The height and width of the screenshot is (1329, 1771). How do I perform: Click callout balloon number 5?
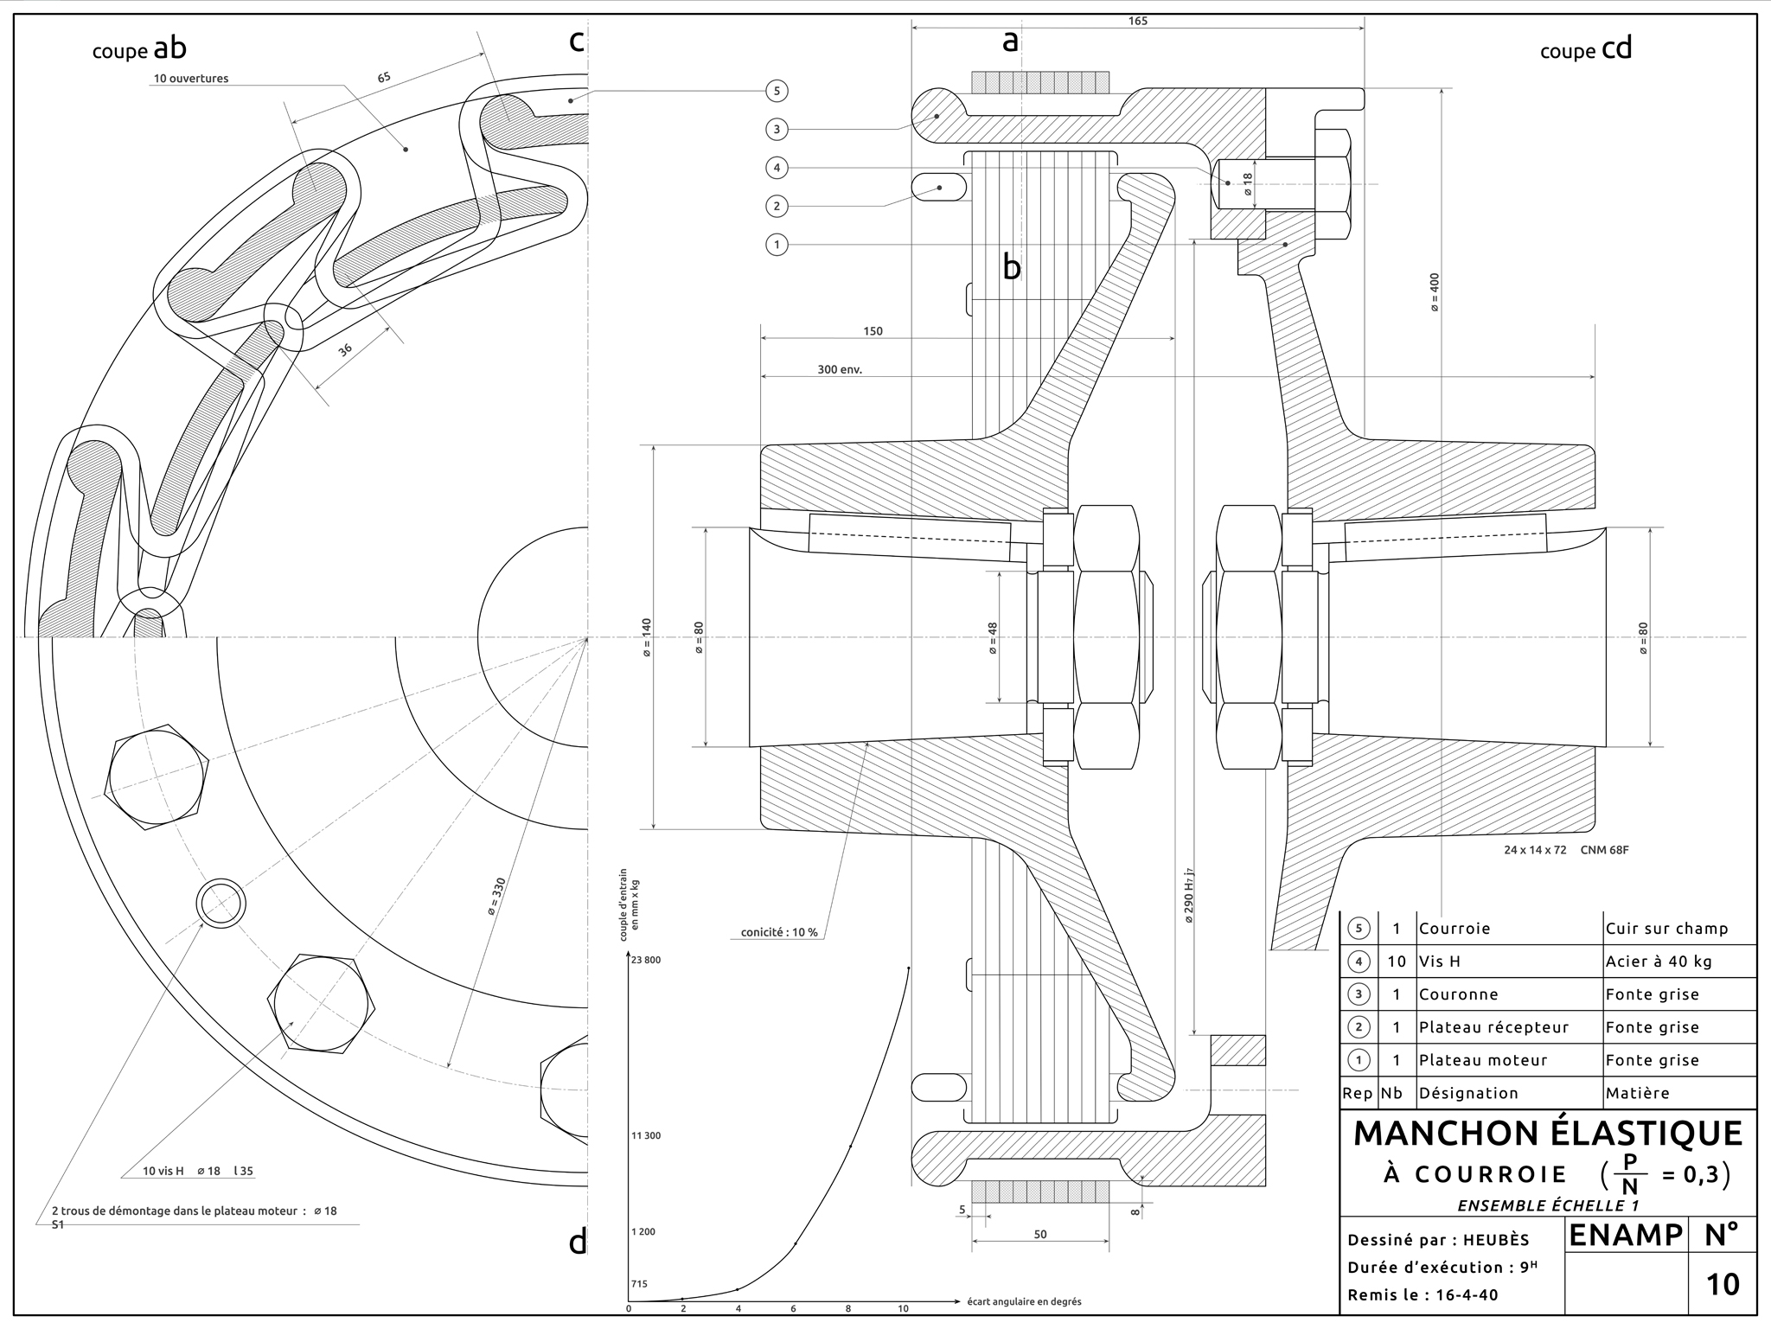coord(777,91)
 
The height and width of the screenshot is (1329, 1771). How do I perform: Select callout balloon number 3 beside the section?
coord(777,130)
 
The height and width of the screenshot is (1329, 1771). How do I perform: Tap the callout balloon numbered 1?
coord(777,245)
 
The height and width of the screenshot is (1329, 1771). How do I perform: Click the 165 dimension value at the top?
coord(1138,21)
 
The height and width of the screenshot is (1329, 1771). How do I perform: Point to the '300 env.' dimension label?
coord(840,369)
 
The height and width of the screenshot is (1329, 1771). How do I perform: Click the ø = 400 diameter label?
coord(1435,292)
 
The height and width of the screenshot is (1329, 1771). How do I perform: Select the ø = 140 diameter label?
coord(647,638)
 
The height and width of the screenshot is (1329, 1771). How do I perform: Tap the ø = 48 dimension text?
coord(993,638)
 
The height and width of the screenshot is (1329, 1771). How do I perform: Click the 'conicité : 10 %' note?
coord(779,932)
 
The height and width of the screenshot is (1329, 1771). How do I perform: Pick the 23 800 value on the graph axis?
coord(646,960)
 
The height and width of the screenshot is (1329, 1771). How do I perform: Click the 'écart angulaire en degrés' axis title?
coord(1024,1301)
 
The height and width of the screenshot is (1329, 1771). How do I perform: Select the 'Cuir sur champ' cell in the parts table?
coord(1666,929)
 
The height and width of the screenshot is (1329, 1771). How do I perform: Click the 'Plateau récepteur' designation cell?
coord(1493,1027)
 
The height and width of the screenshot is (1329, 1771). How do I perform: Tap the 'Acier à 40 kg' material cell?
coord(1659,962)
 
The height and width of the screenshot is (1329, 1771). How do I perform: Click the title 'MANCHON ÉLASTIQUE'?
coord(1548,1134)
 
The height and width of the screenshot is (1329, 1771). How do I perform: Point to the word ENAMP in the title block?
coord(1626,1236)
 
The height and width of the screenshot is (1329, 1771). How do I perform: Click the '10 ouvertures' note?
coord(191,79)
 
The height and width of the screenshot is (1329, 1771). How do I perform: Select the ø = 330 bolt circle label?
coord(495,897)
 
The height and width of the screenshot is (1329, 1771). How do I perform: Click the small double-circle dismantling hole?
coord(222,904)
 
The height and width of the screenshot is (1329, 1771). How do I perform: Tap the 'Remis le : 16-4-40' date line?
coord(1423,1295)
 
